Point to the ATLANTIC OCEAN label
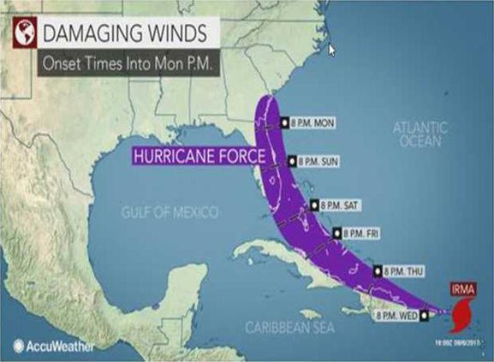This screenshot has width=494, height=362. tap(420, 134)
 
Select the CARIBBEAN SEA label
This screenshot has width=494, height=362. tap(283, 327)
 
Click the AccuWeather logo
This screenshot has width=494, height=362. tap(47, 346)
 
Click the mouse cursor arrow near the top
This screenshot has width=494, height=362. tap(332, 50)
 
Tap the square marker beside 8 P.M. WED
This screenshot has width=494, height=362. tap(424, 315)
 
